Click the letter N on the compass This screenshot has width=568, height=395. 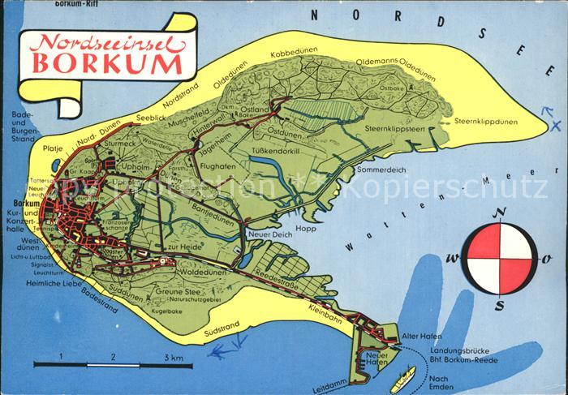[x=501, y=213]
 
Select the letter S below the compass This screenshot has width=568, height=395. [x=500, y=305]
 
